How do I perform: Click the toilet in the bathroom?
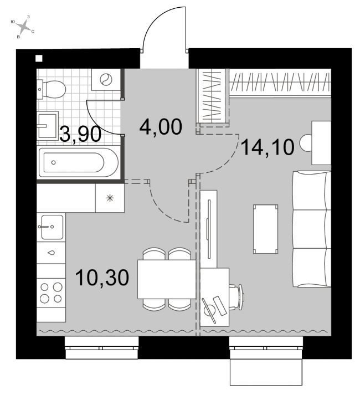coord(52,89)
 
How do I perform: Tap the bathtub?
coord(78,162)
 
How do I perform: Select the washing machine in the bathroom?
coord(106,79)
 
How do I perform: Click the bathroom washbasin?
coord(48,126)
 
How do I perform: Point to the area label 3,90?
coord(81,134)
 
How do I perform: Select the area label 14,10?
coord(268,147)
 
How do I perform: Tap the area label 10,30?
coord(102,278)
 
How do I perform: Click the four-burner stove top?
coord(51,293)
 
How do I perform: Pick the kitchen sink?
coord(52,227)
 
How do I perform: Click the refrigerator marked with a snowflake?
coord(110,198)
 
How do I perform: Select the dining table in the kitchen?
coord(167,279)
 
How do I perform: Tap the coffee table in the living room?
coord(265,229)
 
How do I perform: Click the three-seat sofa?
coord(311,229)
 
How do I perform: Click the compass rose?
coord(23,27)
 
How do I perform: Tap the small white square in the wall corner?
coord(39,59)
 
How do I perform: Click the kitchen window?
coord(101,348)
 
